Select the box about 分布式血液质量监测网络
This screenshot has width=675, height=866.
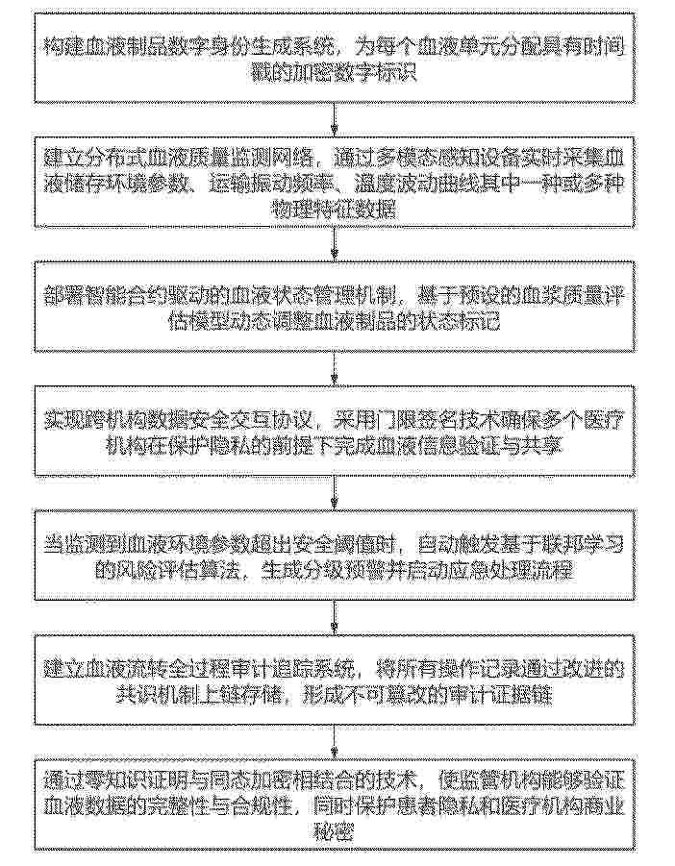pos(337,182)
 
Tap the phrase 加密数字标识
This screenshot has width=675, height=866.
pos(361,73)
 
